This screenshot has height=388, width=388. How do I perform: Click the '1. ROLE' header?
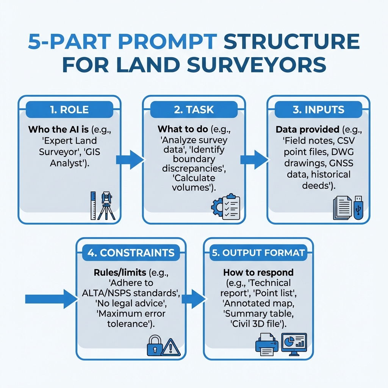pyautogui.click(x=69, y=110)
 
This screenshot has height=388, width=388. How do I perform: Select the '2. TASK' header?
pyautogui.click(x=194, y=110)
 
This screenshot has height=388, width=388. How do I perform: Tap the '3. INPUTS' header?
pyautogui.click(x=318, y=110)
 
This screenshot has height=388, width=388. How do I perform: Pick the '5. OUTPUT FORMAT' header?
pyautogui.click(x=258, y=253)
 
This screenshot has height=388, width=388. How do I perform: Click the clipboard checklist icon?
pyautogui.click(x=230, y=207)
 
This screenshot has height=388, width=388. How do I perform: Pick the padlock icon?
pyautogui.click(x=154, y=346)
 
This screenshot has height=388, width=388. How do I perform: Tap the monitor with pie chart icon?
pyautogui.click(x=294, y=344)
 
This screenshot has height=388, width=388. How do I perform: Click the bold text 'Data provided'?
pyautogui.click(x=307, y=130)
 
